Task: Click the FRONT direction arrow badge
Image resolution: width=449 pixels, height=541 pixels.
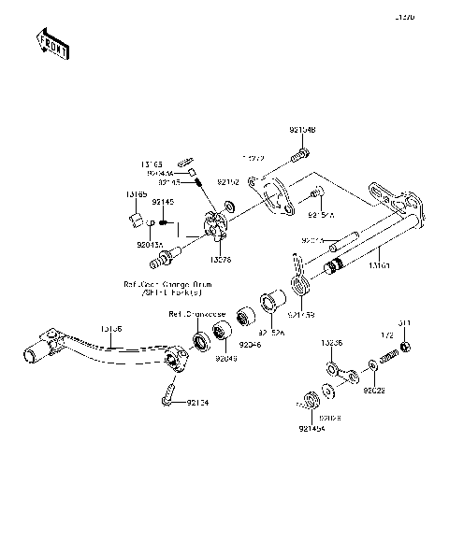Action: point(51,44)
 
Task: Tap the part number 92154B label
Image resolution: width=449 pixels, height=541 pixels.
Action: point(303,130)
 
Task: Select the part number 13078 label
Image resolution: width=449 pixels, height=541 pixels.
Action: point(222,259)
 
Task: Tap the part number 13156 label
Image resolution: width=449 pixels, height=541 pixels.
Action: point(110,330)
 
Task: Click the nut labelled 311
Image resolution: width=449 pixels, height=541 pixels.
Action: point(406,349)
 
